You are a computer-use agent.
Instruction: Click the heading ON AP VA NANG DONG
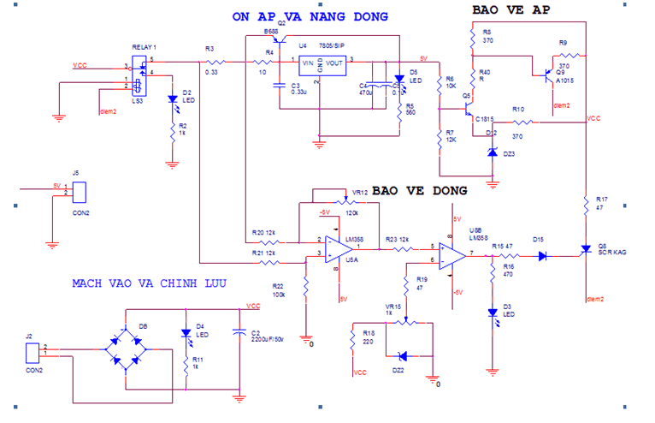pyautogui.click(x=310, y=17)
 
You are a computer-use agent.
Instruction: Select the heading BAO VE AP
pyautogui.click(x=511, y=10)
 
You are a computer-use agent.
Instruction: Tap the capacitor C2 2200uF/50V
pyautogui.click(x=239, y=335)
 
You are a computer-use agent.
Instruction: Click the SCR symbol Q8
pyautogui.click(x=585, y=250)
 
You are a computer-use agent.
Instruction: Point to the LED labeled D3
pyautogui.click(x=492, y=314)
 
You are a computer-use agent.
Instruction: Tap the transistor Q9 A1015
pyautogui.click(x=543, y=75)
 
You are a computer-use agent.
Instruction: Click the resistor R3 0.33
pyautogui.click(x=213, y=62)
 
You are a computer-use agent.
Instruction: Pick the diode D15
pyautogui.click(x=541, y=254)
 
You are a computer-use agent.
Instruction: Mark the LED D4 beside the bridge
pyautogui.click(x=185, y=333)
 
